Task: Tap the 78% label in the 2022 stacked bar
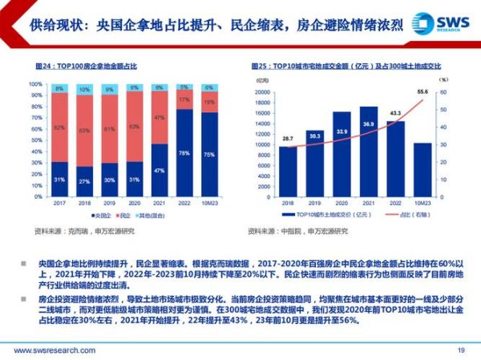coord(184,152)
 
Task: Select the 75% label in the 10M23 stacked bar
coord(209,155)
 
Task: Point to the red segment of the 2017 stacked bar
coord(59,127)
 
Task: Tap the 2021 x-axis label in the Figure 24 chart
coord(159,204)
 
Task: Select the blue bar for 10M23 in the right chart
coord(421,170)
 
